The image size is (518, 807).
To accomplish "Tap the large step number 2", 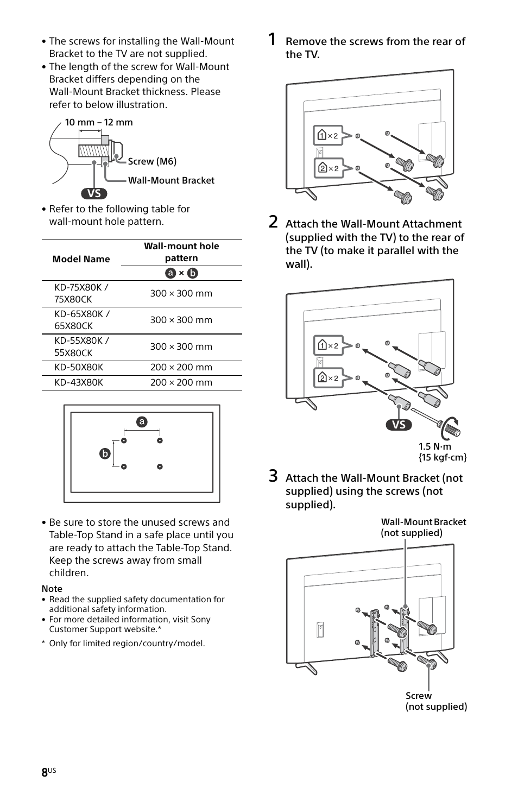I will click(x=274, y=222).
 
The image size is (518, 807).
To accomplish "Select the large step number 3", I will click(x=274, y=476).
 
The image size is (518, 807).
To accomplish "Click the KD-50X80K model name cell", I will click(x=79, y=367).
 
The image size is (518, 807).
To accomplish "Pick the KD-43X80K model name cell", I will click(x=79, y=382).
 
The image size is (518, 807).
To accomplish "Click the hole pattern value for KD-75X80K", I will click(x=181, y=293).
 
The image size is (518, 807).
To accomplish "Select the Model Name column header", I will click(x=81, y=259).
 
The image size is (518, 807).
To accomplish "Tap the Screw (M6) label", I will click(x=152, y=161).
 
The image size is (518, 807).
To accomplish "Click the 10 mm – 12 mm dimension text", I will click(x=99, y=122).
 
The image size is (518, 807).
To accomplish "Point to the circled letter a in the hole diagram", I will click(x=142, y=422).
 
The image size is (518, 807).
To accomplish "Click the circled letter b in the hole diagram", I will click(x=105, y=453).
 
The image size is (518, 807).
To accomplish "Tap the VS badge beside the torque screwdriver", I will click(x=399, y=425).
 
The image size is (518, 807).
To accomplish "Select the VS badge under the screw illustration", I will click(x=94, y=193).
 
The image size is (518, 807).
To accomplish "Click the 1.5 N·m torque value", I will click(x=435, y=446).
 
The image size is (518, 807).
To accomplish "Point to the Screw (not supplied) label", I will click(x=435, y=701).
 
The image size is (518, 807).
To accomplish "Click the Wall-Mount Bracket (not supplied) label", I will click(x=423, y=527).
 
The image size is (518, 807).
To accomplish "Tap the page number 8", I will click(x=45, y=773).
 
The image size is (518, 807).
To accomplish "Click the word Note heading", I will click(x=52, y=589).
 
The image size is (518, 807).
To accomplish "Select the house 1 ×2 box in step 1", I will click(x=328, y=136).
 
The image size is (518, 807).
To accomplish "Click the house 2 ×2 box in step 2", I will click(x=328, y=378).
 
